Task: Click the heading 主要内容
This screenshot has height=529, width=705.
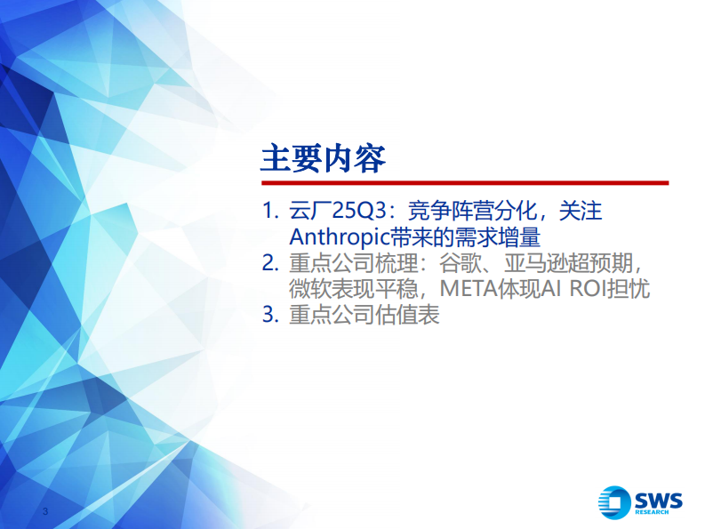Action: coord(323,159)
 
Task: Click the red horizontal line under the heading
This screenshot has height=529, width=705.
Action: coord(463,182)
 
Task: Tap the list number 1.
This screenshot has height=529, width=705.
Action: coord(269,212)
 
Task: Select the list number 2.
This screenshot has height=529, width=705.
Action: coord(269,264)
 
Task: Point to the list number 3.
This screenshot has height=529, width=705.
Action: coord(269,316)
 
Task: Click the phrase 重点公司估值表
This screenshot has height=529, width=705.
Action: coord(365,316)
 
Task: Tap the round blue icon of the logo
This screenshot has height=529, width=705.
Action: coord(614,502)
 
